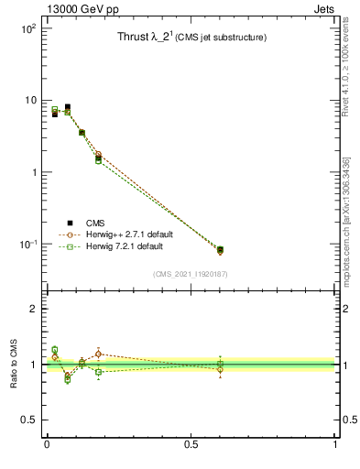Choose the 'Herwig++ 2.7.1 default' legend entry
(x=128, y=234)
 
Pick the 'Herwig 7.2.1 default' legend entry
(x=125, y=246)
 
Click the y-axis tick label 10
(x=30, y=100)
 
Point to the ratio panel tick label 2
(x=34, y=309)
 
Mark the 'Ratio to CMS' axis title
(x=14, y=365)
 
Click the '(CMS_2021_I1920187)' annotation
(x=191, y=274)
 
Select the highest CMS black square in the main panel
(x=67, y=107)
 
